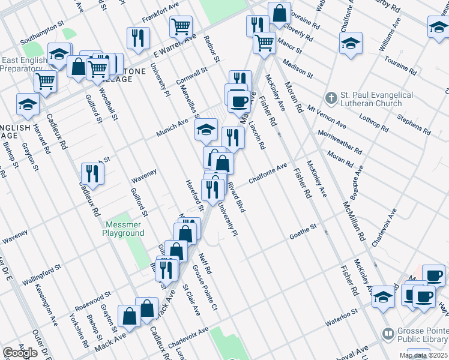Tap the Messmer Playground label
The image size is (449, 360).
pyautogui.click(x=125, y=229)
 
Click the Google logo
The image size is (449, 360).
pyautogui.click(x=20, y=353)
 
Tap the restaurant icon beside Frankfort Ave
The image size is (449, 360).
pyautogui.click(x=139, y=38)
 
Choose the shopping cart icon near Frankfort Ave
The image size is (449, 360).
pyautogui.click(x=181, y=26)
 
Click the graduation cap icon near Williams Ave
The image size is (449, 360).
pyautogui.click(x=351, y=43)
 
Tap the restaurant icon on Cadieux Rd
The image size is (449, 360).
pyautogui.click(x=92, y=173)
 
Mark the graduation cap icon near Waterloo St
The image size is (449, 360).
pyautogui.click(x=383, y=296)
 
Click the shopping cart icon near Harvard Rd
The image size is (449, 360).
pyautogui.click(x=45, y=82)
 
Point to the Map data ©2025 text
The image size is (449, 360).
pyautogui.click(x=424, y=355)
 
